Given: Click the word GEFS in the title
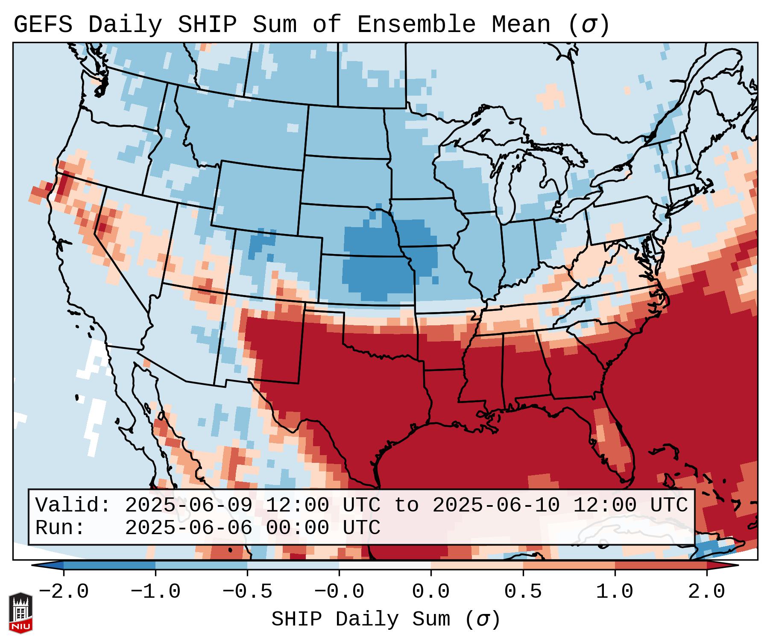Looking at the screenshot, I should pyautogui.click(x=43, y=24).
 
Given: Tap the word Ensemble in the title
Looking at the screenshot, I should pyautogui.click(x=416, y=24).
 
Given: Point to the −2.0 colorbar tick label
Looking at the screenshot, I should pyautogui.click(x=64, y=592).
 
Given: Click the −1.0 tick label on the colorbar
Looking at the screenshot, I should pyautogui.click(x=155, y=592).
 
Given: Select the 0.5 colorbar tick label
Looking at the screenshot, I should pyautogui.click(x=523, y=592).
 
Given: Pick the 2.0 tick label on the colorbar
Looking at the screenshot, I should pyautogui.click(x=706, y=592).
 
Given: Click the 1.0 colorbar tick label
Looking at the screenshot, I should pyautogui.click(x=615, y=592).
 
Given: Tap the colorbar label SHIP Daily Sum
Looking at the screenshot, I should pyautogui.click(x=360, y=620).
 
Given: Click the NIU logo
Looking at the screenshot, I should pyautogui.click(x=20, y=613).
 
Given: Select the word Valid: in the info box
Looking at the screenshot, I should pyautogui.click(x=73, y=505).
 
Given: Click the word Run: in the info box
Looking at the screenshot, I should pyautogui.click(x=60, y=528).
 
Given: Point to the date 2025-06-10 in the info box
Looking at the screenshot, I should pyautogui.click(x=496, y=505).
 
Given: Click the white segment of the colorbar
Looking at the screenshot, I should pyautogui.click(x=385, y=565).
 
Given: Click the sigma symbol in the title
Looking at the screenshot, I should pyautogui.click(x=588, y=25).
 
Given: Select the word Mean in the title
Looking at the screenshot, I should pyautogui.click(x=521, y=24).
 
